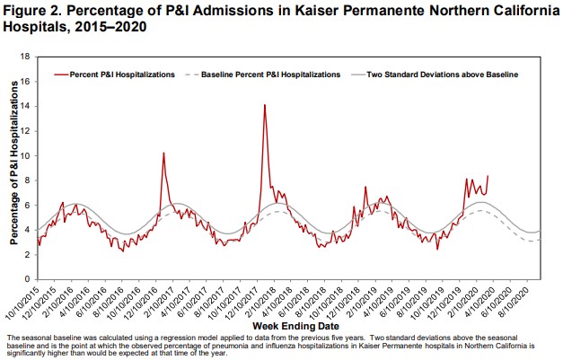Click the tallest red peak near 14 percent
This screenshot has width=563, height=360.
point(264,105)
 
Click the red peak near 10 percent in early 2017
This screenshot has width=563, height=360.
point(163,153)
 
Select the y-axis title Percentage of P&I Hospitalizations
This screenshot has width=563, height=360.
point(14,168)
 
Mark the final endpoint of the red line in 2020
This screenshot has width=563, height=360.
point(488,176)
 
